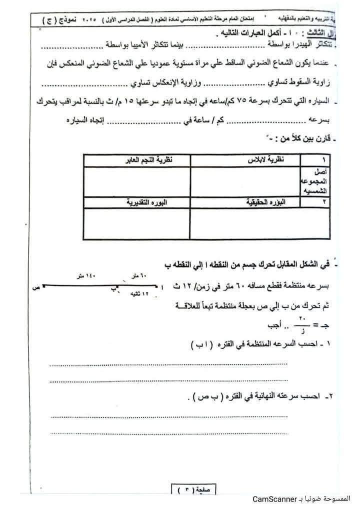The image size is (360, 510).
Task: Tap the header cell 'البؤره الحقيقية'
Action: coord(261,202)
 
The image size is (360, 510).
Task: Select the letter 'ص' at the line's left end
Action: coord(34,288)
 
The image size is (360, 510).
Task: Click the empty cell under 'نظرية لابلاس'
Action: coord(245,181)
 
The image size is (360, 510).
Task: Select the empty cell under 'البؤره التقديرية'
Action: coord(136,223)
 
